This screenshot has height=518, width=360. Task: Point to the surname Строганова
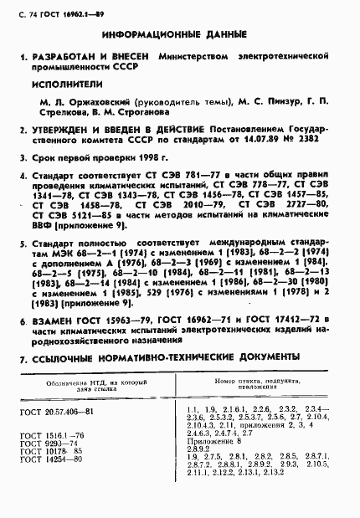[x=141, y=110]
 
